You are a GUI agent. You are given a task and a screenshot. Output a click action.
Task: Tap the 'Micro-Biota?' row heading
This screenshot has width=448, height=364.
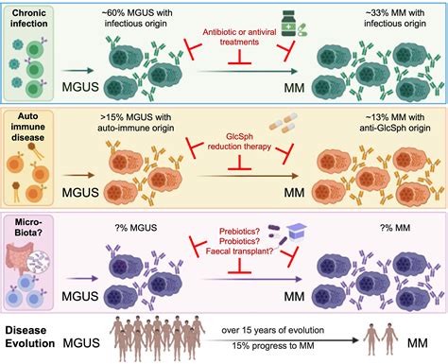click(x=31, y=230)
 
